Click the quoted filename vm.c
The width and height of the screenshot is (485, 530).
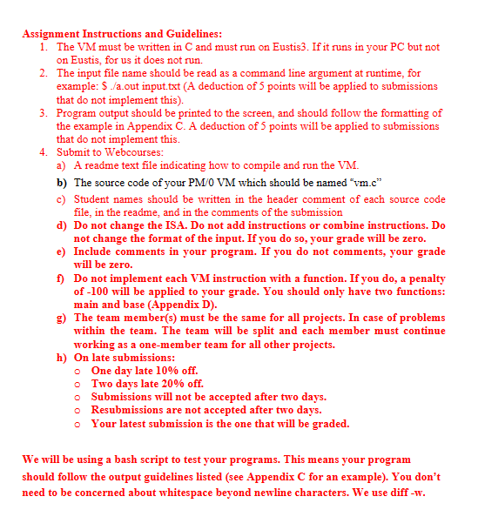click(364, 183)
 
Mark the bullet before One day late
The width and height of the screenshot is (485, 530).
click(78, 371)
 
